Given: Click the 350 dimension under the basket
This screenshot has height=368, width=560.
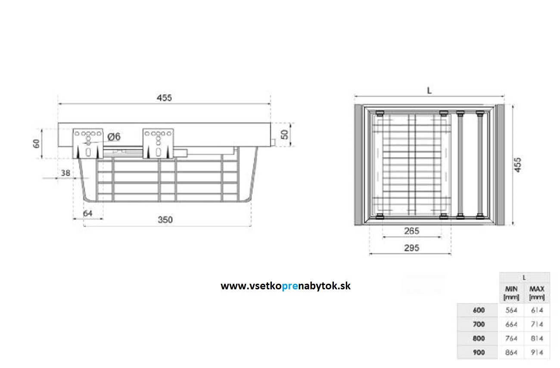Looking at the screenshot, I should pos(165,220).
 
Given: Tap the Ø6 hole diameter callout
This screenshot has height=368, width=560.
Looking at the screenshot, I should pos(114,137).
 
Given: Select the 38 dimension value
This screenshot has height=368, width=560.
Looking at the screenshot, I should pos(65,172).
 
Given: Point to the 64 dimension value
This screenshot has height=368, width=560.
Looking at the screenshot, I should pos(88,213).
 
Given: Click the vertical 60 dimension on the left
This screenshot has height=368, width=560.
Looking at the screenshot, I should pos(37,143).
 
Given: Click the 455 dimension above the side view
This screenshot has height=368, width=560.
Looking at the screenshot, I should pos(164,98).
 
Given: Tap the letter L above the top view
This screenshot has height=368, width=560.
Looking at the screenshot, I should pos(429,91).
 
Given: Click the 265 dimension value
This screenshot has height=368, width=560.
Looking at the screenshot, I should pos(411,231).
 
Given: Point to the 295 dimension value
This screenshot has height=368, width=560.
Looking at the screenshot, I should pos(411,248).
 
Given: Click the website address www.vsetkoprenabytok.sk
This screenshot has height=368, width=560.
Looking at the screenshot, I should pos(286,286).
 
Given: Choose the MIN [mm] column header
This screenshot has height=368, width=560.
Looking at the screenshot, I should pos(511,293).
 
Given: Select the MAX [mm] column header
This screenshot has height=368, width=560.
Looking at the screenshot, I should pos(537,293).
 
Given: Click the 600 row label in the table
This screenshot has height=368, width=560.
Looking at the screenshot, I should pos(479,310).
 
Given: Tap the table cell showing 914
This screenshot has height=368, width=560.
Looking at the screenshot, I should pos(537,353).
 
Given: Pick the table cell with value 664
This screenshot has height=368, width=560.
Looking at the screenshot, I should pos(512,324).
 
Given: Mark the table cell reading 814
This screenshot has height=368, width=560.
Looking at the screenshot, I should pos(537,338).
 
